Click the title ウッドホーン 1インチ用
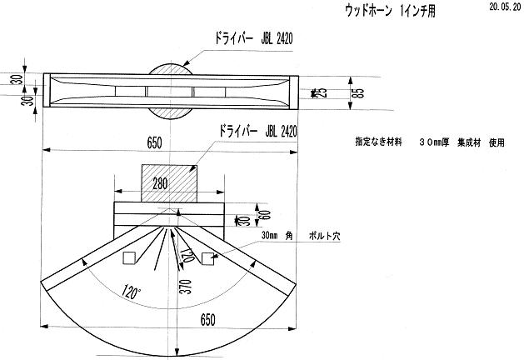[x=392, y=11]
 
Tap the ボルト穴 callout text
[x=324, y=237]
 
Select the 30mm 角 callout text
[x=276, y=237]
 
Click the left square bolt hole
[x=129, y=258]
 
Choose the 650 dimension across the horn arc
[x=208, y=319]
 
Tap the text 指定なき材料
[x=378, y=142]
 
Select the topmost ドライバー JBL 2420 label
[x=253, y=38]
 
